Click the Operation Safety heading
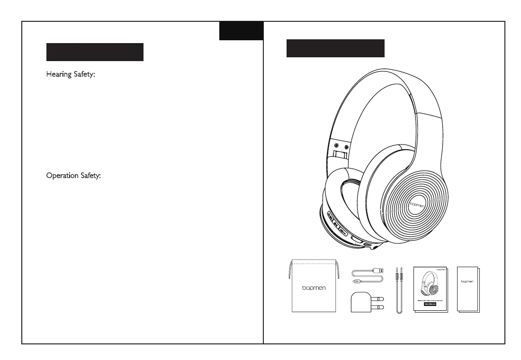coord(73,176)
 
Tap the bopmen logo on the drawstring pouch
coord(314,288)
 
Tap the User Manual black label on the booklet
coord(430,303)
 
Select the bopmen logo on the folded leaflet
coord(467,281)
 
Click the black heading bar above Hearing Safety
coord(95,52)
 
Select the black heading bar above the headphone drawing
coord(335,48)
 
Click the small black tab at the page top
coord(241,31)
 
